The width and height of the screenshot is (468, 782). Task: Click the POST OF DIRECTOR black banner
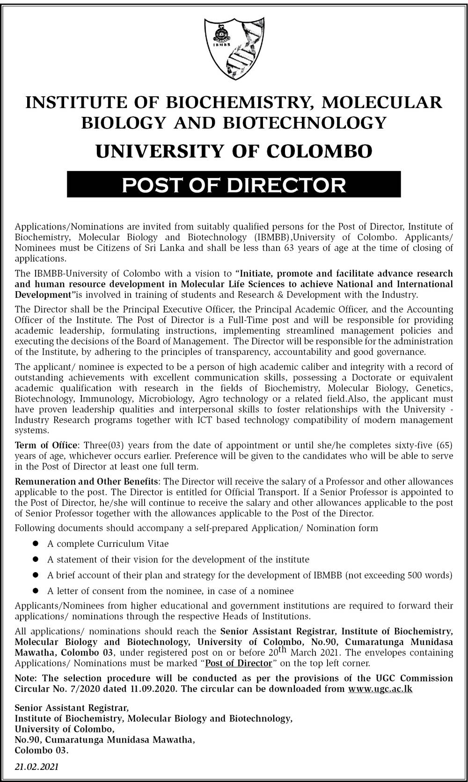pyautogui.click(x=234, y=184)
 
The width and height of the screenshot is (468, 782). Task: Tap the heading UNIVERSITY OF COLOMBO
pyautogui.click(x=234, y=151)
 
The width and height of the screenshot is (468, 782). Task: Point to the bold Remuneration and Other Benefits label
pyautogui.click(x=87, y=481)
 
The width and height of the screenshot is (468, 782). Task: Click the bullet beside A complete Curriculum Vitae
pyautogui.click(x=36, y=544)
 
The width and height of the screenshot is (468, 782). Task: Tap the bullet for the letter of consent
pyautogui.click(x=36, y=591)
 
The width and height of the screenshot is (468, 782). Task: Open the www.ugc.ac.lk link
pyautogui.click(x=380, y=689)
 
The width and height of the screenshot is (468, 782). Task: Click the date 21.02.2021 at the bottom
pyautogui.click(x=37, y=767)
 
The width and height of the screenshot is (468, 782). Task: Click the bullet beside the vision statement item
pyautogui.click(x=36, y=560)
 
